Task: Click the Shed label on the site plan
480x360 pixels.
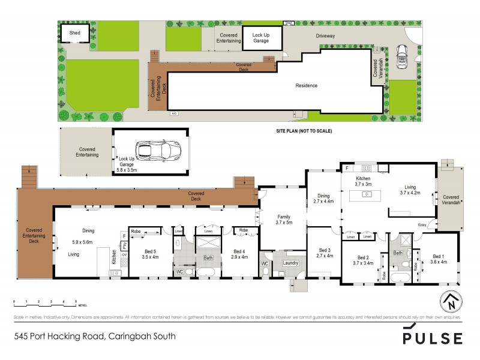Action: point(75,33)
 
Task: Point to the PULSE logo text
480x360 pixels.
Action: point(432,337)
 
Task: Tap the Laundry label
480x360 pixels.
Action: point(291,262)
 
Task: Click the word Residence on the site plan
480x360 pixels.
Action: point(306,86)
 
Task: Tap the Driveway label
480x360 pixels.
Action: point(325,36)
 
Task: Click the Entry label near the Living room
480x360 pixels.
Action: point(423,225)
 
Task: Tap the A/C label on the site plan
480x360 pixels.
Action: point(174,113)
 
